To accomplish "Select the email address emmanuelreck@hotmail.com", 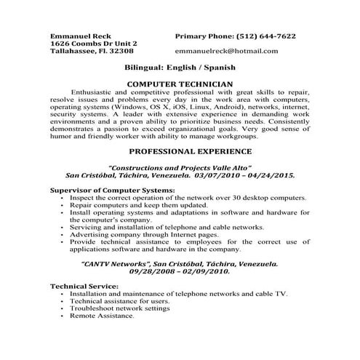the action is tap(226, 51).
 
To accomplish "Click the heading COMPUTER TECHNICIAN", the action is tap(180, 84).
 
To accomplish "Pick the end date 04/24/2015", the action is tap(265, 175).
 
